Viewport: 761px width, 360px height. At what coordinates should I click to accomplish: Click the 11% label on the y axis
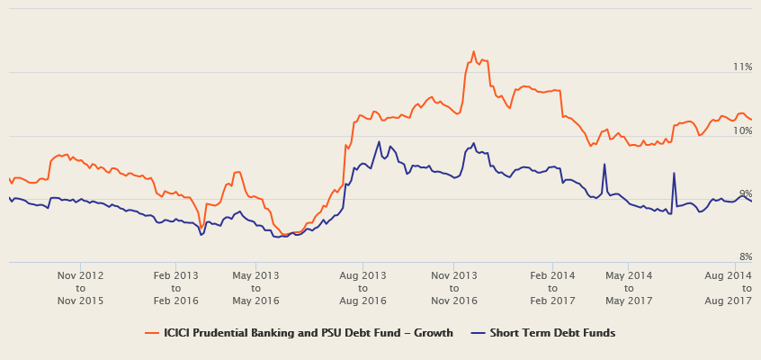[742, 67]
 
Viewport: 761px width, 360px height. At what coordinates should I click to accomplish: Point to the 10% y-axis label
[742, 131]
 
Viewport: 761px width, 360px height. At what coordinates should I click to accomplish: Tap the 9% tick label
[745, 194]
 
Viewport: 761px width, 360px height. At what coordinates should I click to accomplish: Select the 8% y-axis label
[745, 257]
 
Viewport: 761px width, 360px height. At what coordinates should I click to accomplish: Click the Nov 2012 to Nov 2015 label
[81, 287]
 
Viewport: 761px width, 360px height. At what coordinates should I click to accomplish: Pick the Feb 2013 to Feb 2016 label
[175, 287]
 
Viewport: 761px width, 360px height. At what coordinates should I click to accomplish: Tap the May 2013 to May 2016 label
[255, 287]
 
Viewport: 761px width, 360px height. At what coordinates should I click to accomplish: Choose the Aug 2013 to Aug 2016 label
[363, 287]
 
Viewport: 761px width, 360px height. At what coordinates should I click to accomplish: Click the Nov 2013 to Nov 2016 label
[454, 287]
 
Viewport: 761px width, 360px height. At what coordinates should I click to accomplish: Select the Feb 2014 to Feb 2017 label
[552, 287]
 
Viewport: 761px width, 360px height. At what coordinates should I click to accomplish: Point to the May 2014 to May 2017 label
[629, 287]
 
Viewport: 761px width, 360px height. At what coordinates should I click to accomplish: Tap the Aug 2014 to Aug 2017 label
[728, 287]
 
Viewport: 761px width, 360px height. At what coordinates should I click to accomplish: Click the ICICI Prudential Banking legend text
[308, 333]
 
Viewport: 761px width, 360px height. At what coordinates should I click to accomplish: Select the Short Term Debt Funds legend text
[552, 333]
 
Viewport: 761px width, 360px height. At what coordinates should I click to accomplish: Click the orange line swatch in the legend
[152, 333]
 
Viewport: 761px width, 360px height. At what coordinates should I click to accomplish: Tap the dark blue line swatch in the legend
[478, 333]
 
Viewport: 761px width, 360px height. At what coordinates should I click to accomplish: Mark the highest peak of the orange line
[473, 51]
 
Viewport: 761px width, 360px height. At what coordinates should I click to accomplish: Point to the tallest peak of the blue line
[379, 141]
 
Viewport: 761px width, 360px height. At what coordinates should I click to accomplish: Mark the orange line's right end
[751, 120]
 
